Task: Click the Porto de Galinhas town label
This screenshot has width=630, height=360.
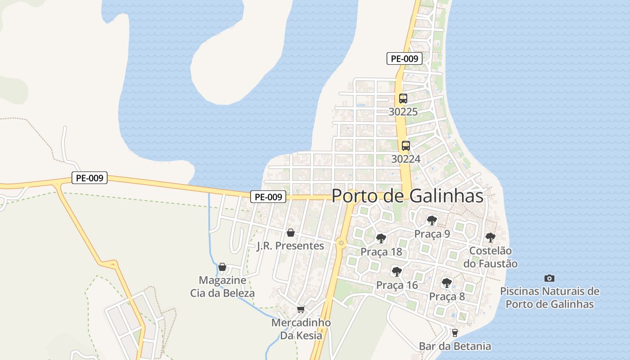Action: [407, 196]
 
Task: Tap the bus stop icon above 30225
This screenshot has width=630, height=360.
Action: [403, 99]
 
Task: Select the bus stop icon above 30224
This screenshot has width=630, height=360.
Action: [405, 146]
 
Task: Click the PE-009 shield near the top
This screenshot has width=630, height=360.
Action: [404, 58]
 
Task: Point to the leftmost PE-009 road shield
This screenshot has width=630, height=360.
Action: [90, 178]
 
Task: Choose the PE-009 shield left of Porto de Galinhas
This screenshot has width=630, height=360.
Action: [268, 197]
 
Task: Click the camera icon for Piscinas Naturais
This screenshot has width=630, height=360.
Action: [549, 278]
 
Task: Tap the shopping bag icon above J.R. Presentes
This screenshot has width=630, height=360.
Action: [291, 233]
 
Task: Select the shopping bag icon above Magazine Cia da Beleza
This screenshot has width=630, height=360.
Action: [222, 267]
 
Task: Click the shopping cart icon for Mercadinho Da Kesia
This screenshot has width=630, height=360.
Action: [301, 310]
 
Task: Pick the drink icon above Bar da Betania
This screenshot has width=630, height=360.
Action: [454, 333]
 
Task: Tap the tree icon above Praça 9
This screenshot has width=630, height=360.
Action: [432, 220]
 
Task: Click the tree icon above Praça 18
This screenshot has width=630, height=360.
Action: [381, 238]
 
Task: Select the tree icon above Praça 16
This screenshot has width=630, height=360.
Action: [396, 272]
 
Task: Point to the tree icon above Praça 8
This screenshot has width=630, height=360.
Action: [446, 283]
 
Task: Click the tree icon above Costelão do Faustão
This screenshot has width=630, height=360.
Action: [490, 238]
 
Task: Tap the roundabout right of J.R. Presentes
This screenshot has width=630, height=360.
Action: [342, 243]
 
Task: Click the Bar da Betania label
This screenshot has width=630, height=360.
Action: [454, 346]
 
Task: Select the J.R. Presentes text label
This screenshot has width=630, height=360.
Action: [290, 246]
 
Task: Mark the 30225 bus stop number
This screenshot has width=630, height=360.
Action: [403, 112]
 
